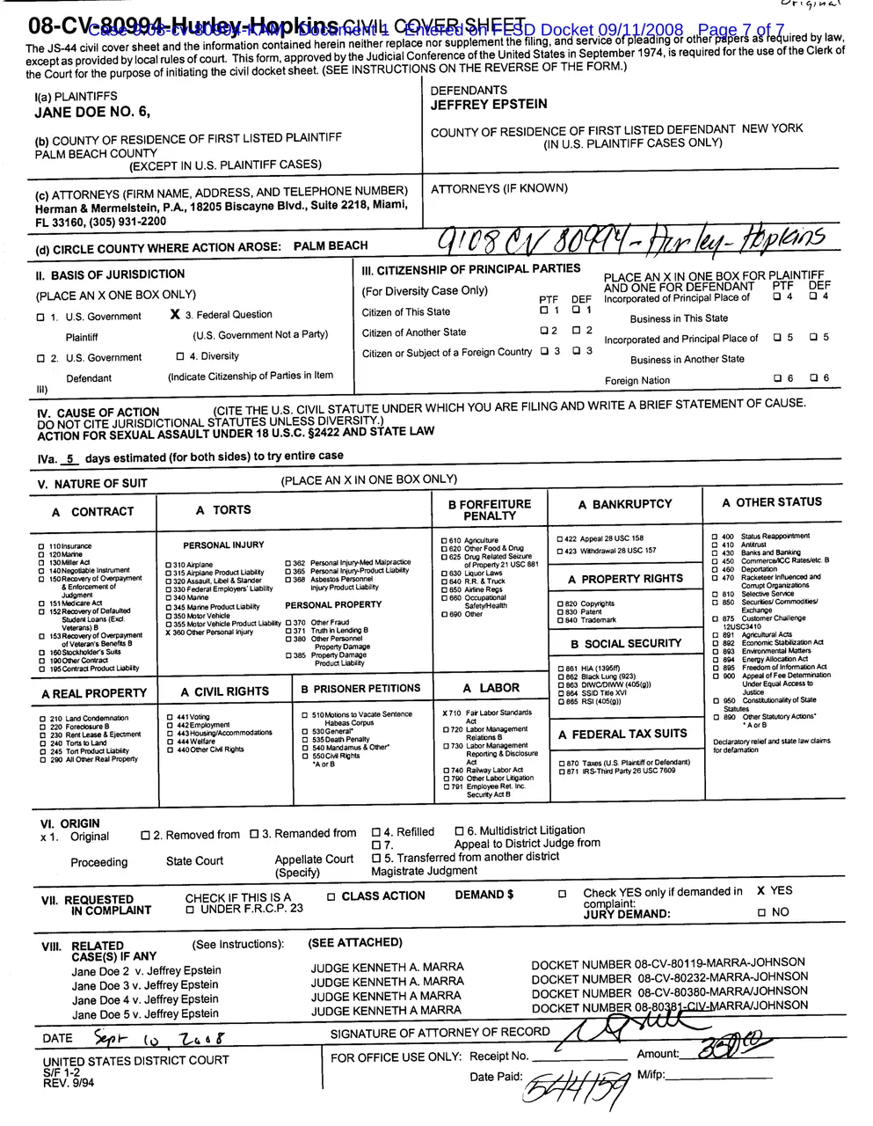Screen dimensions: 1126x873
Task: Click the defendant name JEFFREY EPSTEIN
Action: pyautogui.click(x=488, y=105)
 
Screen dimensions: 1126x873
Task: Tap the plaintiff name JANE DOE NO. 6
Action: pyautogui.click(x=92, y=113)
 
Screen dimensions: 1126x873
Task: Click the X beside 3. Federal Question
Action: pyautogui.click(x=176, y=314)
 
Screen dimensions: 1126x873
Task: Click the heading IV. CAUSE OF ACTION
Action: pyautogui.click(x=98, y=413)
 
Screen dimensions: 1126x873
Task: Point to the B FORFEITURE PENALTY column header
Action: pyautogui.click(x=490, y=510)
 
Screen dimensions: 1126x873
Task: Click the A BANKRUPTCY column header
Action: pyautogui.click(x=624, y=504)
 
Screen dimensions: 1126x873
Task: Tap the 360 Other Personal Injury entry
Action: pyautogui.click(x=211, y=632)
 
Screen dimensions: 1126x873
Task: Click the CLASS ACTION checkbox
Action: pyautogui.click(x=331, y=897)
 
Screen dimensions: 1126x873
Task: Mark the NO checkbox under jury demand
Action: pyautogui.click(x=761, y=913)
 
